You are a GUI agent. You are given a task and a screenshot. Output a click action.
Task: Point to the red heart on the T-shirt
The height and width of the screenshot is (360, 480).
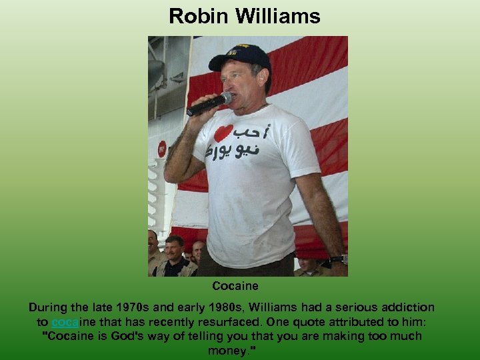point(223,133)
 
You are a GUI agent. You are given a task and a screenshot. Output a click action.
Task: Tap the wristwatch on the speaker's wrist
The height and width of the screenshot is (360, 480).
point(339,259)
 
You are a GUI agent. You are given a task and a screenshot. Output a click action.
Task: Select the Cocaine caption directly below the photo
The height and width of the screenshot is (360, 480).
point(235,286)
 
